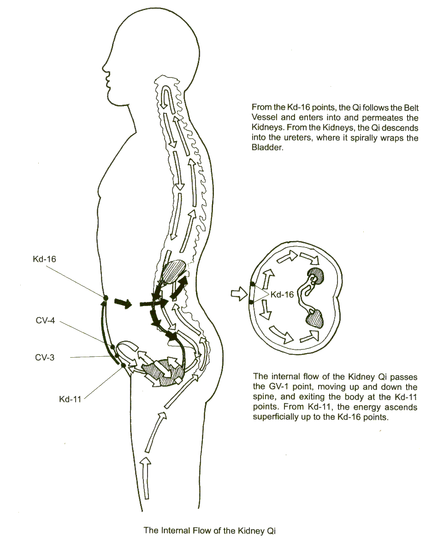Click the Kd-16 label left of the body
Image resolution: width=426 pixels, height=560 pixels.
point(45,259)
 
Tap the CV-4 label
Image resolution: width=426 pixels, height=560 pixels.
point(45,320)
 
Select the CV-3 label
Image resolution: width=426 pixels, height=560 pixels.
point(45,357)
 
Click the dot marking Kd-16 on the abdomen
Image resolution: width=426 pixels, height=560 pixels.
point(105,298)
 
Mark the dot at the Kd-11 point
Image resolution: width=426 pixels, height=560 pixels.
point(124,366)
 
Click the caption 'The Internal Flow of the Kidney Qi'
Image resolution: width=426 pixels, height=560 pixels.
point(210,531)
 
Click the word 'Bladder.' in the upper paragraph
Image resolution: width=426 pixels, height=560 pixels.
point(266,148)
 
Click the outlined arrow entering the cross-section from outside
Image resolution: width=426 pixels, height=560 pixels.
point(238,294)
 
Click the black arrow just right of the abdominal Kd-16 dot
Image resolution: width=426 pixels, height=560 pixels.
point(123,302)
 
